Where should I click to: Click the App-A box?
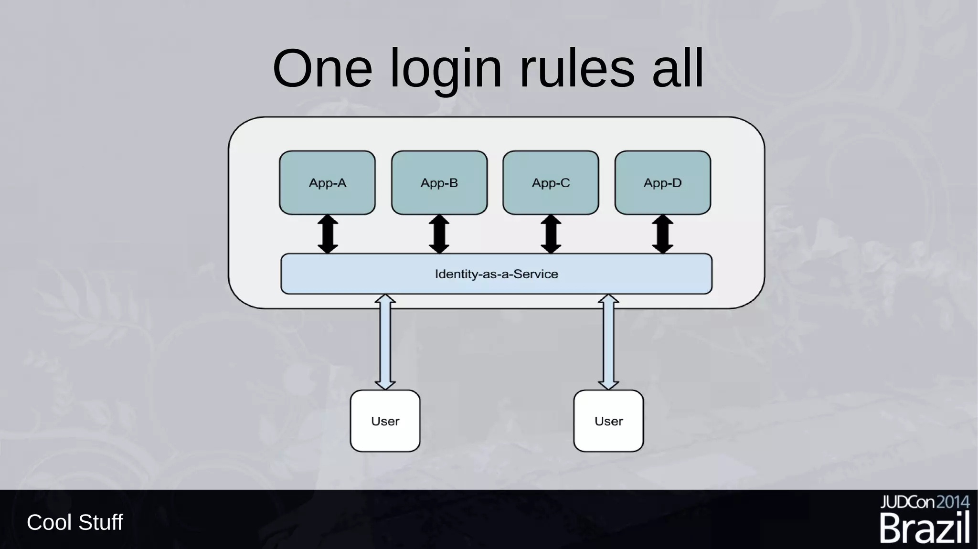tap(327, 182)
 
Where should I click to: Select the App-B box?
tap(439, 182)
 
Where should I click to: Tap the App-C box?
tap(551, 182)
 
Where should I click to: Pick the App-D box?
tap(662, 182)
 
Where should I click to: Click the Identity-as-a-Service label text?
tap(496, 274)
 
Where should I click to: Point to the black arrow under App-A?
tap(328, 234)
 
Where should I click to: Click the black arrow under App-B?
tap(439, 234)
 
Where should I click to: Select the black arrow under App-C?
tap(551, 234)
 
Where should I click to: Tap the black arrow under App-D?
tap(663, 234)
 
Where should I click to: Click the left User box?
tap(385, 421)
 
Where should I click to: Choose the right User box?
tap(608, 421)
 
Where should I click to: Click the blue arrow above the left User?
tap(385, 342)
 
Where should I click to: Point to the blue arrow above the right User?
tap(608, 342)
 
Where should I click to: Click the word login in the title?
tap(446, 70)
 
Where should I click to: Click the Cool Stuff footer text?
tap(75, 522)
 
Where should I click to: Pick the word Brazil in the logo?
tap(925, 528)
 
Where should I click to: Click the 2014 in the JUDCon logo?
tap(952, 502)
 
